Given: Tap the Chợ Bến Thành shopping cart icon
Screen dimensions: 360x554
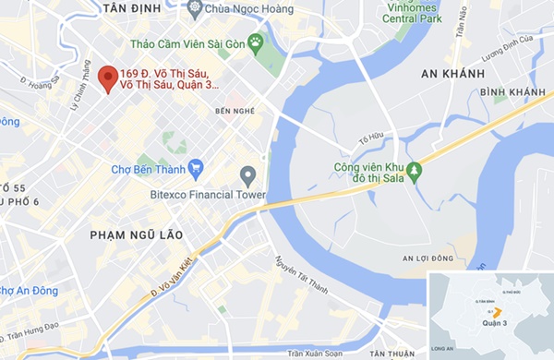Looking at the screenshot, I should pyautogui.click(x=195, y=167).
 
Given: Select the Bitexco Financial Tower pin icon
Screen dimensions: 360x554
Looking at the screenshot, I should pyautogui.click(x=247, y=174).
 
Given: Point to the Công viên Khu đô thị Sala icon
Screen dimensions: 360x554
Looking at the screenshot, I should pyautogui.click(x=415, y=172).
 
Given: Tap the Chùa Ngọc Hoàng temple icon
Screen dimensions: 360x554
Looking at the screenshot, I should pyautogui.click(x=194, y=8).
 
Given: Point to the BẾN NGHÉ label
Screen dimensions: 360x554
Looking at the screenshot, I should pyautogui.click(x=234, y=111).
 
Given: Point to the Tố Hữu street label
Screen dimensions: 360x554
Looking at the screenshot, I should pyautogui.click(x=369, y=138).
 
